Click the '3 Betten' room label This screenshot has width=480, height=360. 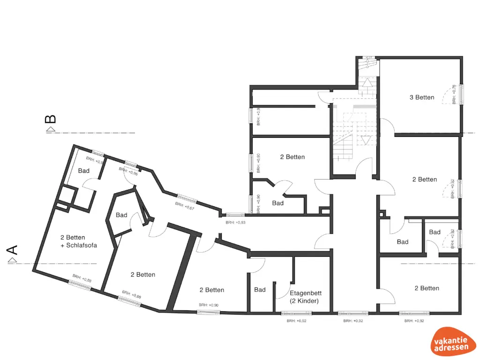click(x=422, y=97)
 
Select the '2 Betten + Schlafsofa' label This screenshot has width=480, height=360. click(x=79, y=241)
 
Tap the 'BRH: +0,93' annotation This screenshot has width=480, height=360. click(x=235, y=223)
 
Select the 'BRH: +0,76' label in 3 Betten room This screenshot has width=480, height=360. click(x=453, y=94)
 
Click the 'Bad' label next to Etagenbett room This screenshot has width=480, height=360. click(x=260, y=290)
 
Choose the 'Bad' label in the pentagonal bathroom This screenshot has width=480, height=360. click(x=121, y=215)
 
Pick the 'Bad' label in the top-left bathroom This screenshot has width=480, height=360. click(x=84, y=171)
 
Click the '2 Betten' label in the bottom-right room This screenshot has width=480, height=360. click(x=427, y=288)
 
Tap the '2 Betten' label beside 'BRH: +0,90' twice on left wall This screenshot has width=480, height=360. click(x=292, y=157)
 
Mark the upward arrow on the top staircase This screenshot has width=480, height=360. click(x=368, y=83)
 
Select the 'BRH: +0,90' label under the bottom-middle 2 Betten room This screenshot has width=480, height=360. click(x=208, y=305)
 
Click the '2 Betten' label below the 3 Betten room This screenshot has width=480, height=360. click(x=424, y=180)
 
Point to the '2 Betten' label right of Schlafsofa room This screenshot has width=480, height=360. click(x=142, y=275)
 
